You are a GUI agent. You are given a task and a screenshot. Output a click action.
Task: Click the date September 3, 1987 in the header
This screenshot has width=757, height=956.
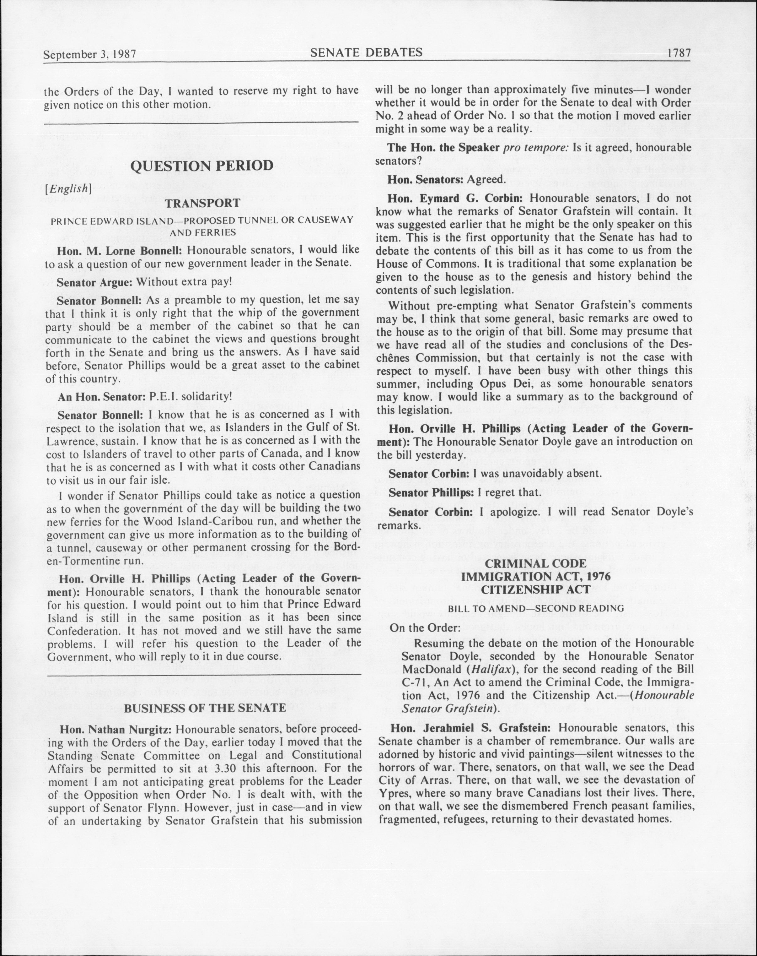click(x=89, y=55)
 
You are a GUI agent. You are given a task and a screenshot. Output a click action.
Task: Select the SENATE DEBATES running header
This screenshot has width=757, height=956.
click(x=366, y=53)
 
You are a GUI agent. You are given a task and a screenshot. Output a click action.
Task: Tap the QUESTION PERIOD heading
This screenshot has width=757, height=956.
click(x=202, y=166)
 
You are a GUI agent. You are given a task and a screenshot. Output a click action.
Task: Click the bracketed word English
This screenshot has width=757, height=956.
click(x=68, y=188)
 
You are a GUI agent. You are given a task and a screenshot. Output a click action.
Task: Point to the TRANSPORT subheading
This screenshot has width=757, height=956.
click(x=202, y=203)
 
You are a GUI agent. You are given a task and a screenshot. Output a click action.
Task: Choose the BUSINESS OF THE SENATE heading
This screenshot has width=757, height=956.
click(x=205, y=708)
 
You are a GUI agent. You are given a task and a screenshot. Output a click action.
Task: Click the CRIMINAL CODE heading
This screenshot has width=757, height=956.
click(x=536, y=563)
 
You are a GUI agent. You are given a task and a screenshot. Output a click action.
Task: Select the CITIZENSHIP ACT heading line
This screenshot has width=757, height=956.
click(x=536, y=590)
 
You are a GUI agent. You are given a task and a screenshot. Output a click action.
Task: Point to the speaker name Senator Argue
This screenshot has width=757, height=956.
click(x=95, y=282)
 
